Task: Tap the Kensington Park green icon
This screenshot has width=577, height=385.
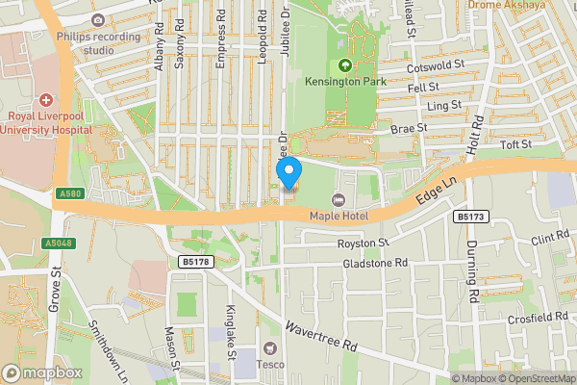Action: [344, 66]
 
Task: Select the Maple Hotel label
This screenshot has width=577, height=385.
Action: [338, 216]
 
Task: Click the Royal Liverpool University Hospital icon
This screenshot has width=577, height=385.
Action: [46, 101]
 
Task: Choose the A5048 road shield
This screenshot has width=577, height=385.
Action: [59, 244]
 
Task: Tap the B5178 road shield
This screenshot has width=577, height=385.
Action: [194, 261]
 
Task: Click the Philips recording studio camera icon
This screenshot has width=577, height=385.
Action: [97, 19]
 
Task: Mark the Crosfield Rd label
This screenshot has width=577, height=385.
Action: [540, 317]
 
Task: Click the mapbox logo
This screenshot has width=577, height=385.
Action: [41, 372]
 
